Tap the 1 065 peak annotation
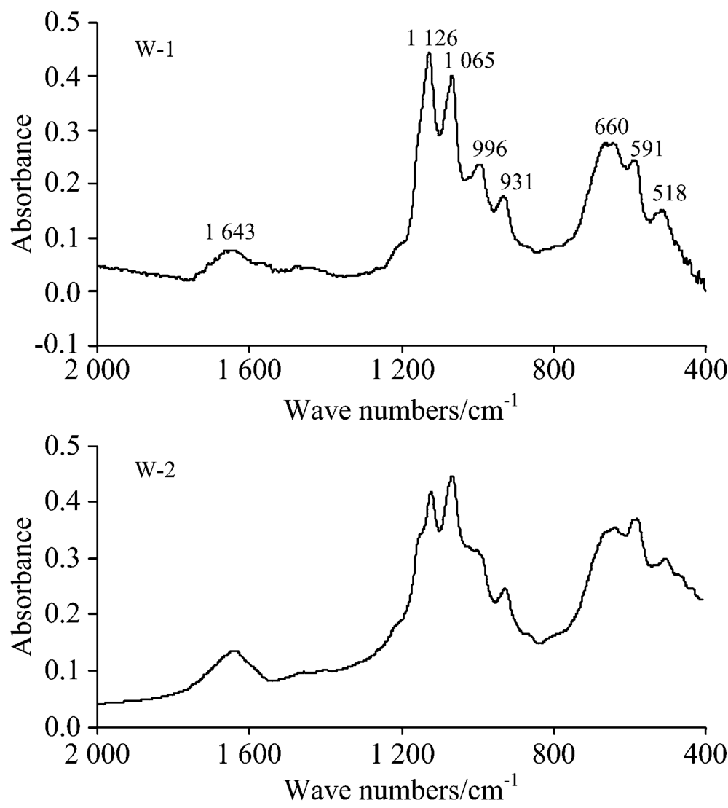tap(470, 60)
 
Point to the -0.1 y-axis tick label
tap(68, 345)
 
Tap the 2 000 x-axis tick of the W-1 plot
tap(98, 369)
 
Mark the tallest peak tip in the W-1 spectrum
tap(430, 52)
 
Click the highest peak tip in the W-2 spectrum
tap(452, 476)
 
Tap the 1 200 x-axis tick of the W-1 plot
tap(402, 369)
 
